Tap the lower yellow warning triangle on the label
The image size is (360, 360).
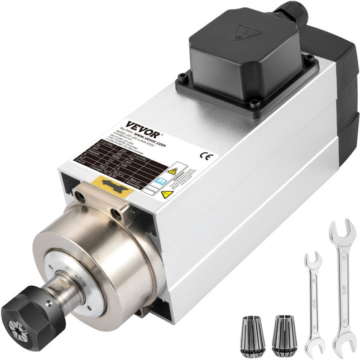pyautogui.click(x=166, y=194)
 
